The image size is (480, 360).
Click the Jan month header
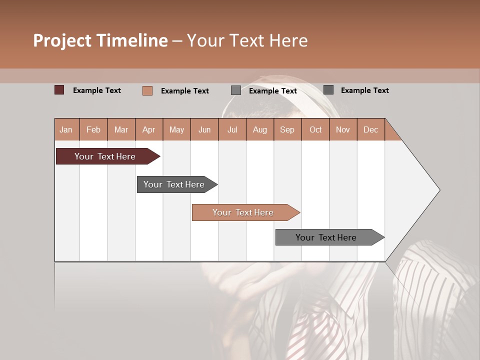click(66, 129)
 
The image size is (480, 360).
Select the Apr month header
click(148, 129)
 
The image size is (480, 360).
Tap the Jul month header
click(232, 129)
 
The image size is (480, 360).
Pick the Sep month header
click(287, 129)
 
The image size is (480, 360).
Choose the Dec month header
click(370, 129)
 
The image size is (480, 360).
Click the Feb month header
click(93, 129)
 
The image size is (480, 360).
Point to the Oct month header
click(315, 129)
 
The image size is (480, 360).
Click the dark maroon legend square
click(59, 90)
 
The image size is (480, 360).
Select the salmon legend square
click(147, 90)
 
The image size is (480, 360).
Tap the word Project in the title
click(62, 40)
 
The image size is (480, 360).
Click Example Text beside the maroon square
click(97, 90)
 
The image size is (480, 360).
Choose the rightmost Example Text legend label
click(364, 90)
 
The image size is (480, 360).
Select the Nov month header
click(343, 129)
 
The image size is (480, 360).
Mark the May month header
click(176, 129)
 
